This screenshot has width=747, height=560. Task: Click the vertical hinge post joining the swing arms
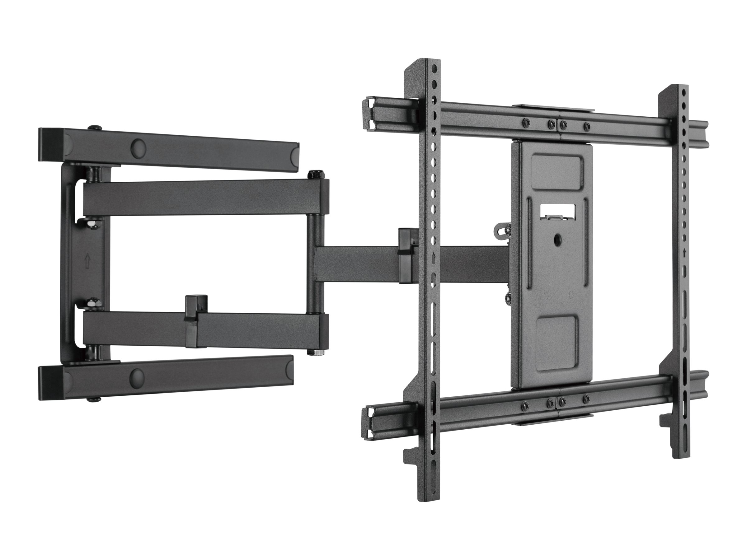pyautogui.click(x=313, y=263)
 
